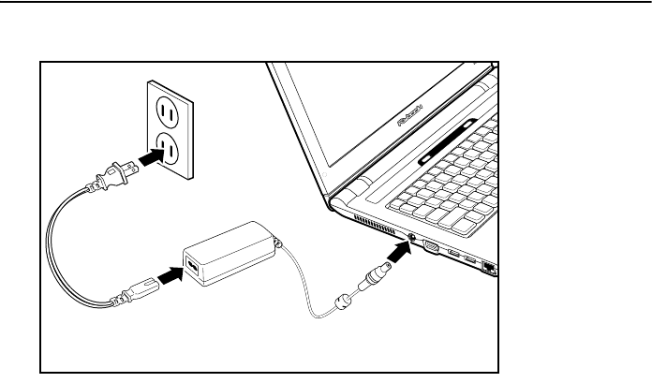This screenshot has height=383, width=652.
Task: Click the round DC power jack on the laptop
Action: click(x=413, y=240)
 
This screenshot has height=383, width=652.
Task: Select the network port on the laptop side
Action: click(x=488, y=267)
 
